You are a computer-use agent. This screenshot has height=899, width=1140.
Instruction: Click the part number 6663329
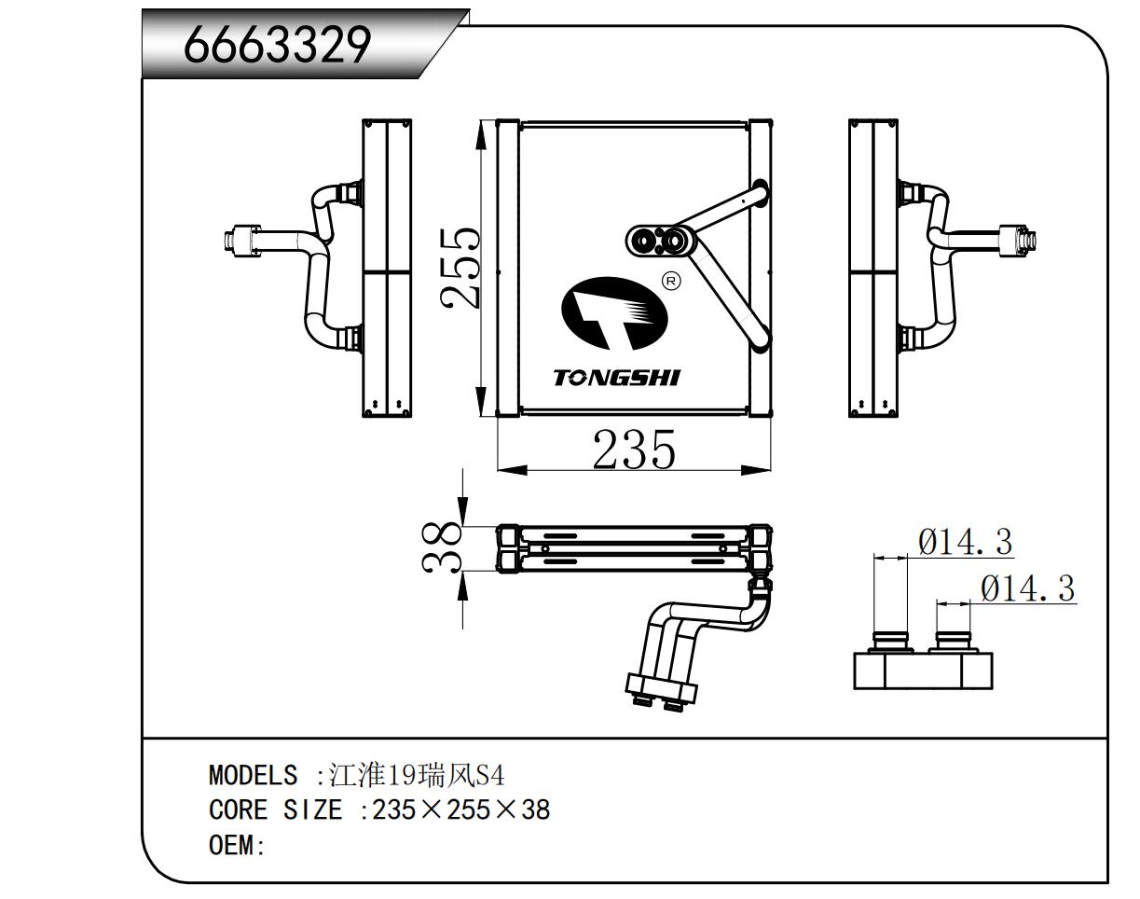click(277, 46)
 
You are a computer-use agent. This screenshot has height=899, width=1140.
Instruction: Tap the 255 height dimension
click(459, 268)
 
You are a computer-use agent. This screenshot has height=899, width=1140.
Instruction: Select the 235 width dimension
click(634, 449)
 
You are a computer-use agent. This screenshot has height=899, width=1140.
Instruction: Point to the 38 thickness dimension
click(441, 548)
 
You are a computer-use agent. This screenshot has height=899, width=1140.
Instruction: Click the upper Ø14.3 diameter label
click(965, 542)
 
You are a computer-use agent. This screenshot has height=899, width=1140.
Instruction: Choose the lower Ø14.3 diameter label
click(1028, 588)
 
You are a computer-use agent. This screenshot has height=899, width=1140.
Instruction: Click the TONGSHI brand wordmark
click(616, 379)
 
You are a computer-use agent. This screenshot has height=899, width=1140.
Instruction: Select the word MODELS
click(253, 776)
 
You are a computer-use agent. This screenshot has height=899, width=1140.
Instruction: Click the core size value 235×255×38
click(461, 810)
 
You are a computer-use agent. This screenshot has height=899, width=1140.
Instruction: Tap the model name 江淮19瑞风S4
click(416, 775)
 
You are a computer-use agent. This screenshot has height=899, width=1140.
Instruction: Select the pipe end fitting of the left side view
click(241, 242)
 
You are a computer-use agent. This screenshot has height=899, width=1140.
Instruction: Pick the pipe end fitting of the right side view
click(1017, 242)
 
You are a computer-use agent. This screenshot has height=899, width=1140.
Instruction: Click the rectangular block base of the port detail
click(923, 671)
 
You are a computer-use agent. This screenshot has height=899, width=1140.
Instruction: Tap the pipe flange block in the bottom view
click(661, 689)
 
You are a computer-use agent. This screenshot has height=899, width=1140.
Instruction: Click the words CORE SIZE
click(275, 810)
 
